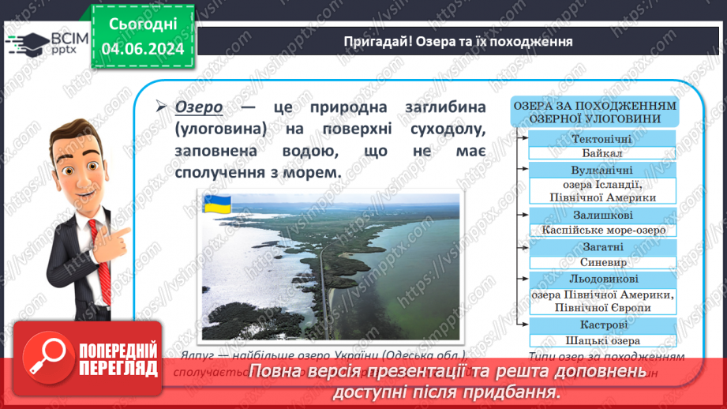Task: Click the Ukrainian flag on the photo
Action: pos(215,204)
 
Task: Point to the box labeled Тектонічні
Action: pos(602,138)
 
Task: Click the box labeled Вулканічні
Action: pos(602,170)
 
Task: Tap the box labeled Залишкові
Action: pos(602,215)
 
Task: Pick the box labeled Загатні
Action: pos(602,247)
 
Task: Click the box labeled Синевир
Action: pos(602,262)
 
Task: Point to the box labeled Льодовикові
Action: pos(602,279)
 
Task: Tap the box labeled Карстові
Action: pos(602,325)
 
